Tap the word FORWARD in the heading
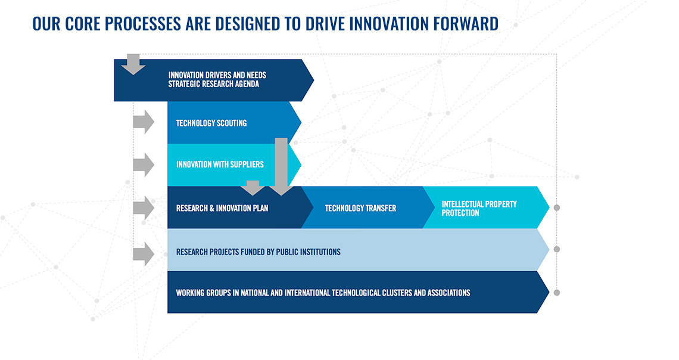tap(467, 23)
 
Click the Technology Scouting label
tap(211, 123)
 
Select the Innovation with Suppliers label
tap(220, 165)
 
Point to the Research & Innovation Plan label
tap(222, 209)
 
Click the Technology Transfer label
tap(360, 209)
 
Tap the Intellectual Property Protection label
tap(479, 209)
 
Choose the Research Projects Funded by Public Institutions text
tap(258, 252)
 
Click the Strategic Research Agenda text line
tap(213, 84)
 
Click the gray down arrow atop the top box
tap(133, 64)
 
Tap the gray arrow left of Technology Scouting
tap(144, 122)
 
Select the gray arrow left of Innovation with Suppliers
tap(144, 165)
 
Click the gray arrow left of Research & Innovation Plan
tap(144, 207)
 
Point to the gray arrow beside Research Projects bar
tap(144, 254)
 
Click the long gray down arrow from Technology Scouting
tap(281, 167)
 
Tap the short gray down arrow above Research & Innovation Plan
tap(253, 188)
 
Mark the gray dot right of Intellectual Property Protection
tap(557, 208)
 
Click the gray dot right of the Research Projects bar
tap(557, 249)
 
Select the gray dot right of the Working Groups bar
tap(557, 293)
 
